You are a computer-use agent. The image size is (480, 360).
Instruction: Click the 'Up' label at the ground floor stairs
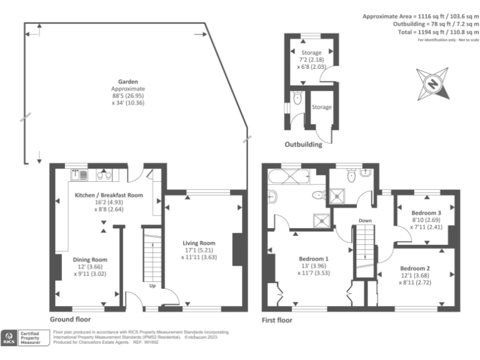[152, 286]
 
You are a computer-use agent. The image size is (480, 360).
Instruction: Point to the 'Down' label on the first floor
[366, 220]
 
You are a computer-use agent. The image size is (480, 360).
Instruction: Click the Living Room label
[199, 243]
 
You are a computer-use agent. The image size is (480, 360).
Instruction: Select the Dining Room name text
[91, 259]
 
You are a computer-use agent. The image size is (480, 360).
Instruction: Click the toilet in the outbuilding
[297, 99]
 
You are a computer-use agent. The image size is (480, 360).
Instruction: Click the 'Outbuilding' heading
[304, 145]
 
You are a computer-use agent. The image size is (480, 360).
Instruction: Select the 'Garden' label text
[128, 81]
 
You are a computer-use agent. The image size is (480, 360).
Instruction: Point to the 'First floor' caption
[277, 319]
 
